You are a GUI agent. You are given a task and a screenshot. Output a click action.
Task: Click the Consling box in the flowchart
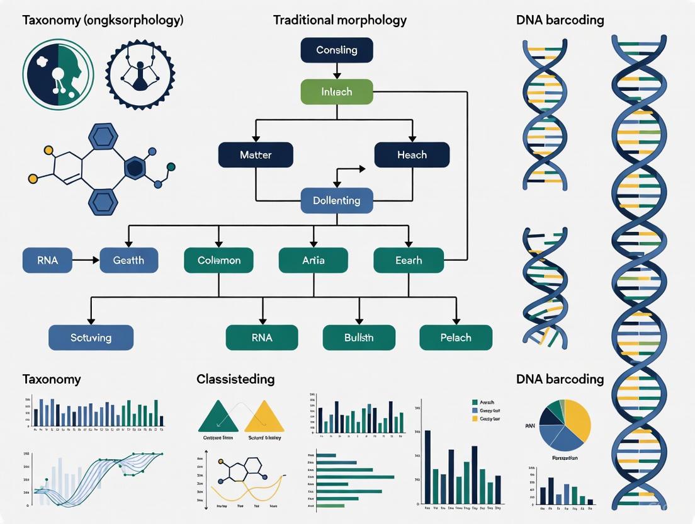click(337, 50)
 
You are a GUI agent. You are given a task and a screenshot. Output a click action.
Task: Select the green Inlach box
click(337, 92)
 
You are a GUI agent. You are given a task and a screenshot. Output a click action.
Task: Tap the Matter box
click(256, 155)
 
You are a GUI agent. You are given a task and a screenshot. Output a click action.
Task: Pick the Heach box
click(412, 155)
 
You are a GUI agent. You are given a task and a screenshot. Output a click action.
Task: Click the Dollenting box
click(337, 201)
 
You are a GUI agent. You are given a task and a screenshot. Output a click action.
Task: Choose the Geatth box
click(128, 260)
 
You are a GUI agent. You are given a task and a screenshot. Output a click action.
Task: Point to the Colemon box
click(218, 260)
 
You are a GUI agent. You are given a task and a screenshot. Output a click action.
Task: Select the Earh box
click(409, 260)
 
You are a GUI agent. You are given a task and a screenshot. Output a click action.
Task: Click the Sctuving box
click(91, 338)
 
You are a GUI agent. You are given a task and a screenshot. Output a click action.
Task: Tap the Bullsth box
click(359, 338)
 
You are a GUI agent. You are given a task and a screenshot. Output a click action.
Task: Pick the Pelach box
click(456, 338)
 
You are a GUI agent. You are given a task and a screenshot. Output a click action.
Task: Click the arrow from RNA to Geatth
click(86, 259)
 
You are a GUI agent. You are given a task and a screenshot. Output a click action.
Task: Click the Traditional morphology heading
click(339, 20)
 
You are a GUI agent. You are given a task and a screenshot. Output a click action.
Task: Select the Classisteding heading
click(235, 379)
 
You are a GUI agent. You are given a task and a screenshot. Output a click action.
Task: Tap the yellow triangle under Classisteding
click(264, 418)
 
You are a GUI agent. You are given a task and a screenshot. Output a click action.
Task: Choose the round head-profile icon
click(58, 75)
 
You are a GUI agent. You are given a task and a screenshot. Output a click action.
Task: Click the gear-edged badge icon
click(138, 75)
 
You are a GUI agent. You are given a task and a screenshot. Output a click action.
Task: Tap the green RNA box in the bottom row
click(262, 338)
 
